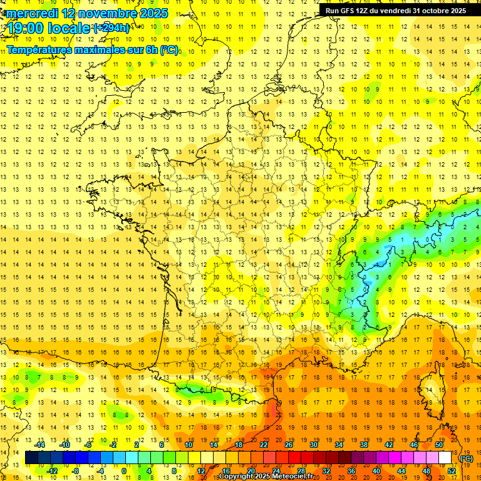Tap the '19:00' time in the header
(25, 28)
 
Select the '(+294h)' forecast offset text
(111, 28)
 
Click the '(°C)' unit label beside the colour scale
(467, 458)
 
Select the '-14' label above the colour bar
(41, 444)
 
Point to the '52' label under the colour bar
(451, 470)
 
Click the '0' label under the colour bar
(124, 470)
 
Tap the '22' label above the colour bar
(264, 444)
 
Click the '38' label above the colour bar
(364, 444)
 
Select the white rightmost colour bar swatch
(445, 458)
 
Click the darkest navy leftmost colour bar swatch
(31, 458)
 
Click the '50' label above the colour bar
(439, 444)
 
